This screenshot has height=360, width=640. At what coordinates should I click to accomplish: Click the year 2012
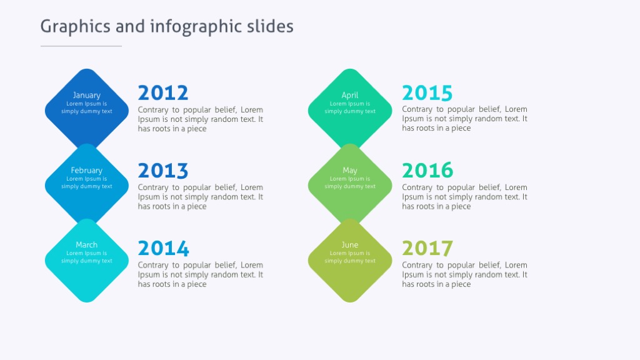point(162,93)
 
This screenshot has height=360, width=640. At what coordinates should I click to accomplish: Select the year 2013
point(162,171)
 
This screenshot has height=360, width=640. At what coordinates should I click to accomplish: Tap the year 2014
point(163,249)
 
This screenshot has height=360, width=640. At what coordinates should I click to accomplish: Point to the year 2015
point(427,93)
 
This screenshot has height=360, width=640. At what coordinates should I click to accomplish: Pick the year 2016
point(427,171)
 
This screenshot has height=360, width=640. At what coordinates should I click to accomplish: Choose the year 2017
point(427,249)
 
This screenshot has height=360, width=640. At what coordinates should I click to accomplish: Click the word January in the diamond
point(86,95)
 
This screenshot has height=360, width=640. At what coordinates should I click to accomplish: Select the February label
point(86,170)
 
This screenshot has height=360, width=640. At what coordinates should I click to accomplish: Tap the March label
point(86,245)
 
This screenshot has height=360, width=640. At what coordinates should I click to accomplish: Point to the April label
point(350,95)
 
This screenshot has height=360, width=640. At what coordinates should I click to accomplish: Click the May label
point(350,170)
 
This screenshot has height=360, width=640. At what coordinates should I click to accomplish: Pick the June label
point(350,245)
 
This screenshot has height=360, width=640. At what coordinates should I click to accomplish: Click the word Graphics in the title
point(75,27)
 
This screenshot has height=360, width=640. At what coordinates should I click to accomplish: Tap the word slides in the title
point(269,26)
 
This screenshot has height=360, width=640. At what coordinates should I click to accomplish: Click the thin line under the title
point(81,46)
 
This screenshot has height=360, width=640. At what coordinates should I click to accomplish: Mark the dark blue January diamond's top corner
point(87,71)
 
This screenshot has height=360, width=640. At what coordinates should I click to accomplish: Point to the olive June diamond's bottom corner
point(350,301)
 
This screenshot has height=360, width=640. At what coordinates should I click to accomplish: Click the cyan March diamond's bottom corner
point(87,301)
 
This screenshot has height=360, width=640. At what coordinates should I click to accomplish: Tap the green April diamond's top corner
point(350,71)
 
